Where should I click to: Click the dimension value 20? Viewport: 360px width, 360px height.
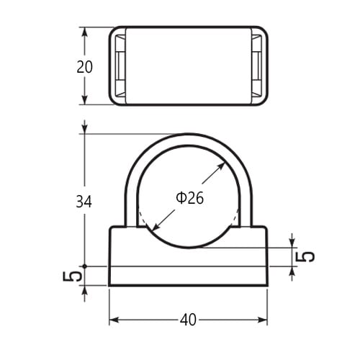[x=84, y=67]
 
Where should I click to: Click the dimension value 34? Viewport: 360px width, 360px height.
[x=84, y=202]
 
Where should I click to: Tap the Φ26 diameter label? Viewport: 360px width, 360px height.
[x=189, y=198]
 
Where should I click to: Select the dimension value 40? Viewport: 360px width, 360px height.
[x=188, y=320]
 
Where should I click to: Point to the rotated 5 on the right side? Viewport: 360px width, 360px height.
[x=305, y=256]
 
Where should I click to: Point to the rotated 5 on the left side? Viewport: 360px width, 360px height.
[x=72, y=276]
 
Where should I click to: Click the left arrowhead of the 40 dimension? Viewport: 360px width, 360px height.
[x=114, y=320]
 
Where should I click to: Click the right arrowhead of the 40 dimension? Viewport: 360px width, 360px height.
[x=262, y=320]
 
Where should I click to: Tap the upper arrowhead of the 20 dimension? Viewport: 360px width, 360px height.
[x=84, y=32]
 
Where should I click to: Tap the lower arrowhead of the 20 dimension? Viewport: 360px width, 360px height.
[x=84, y=99]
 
